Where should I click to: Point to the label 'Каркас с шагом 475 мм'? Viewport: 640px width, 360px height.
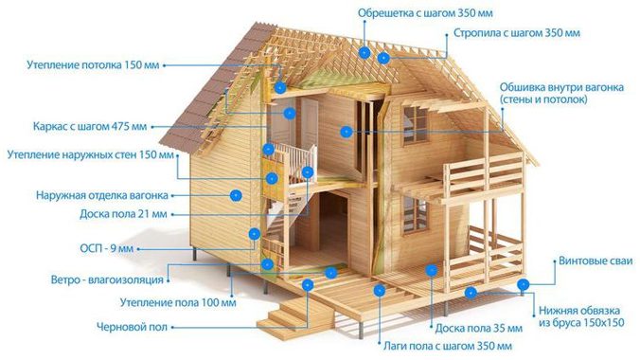90,125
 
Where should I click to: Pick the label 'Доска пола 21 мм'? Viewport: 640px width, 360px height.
123,214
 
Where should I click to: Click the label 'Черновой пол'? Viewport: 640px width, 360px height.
132,327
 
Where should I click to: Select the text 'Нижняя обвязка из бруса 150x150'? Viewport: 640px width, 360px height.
581,316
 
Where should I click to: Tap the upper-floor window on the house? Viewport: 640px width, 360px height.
415,123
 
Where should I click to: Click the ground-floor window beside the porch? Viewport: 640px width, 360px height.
414,215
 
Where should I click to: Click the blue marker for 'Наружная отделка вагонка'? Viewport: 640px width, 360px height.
235,194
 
